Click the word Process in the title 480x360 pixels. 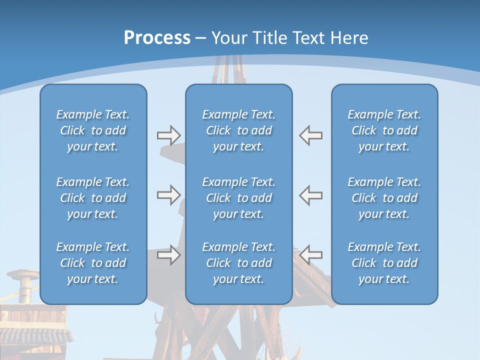click(157, 38)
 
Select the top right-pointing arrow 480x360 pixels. click(168, 135)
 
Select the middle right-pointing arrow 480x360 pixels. click(168, 195)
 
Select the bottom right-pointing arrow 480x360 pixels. click(168, 255)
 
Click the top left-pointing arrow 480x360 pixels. click(310, 135)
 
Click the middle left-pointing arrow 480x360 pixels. click(310, 195)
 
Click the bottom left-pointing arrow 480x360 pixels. click(310, 255)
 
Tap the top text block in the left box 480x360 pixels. click(93, 130)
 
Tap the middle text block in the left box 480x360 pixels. click(93, 198)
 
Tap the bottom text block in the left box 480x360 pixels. click(93, 263)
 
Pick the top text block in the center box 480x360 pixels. click(238, 130)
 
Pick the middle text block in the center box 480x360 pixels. click(238, 198)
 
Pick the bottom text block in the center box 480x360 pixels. click(238, 263)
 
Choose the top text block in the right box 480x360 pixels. click(384, 130)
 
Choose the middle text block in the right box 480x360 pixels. click(384, 198)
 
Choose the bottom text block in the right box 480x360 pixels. click(384, 263)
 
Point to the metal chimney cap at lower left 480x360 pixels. click(23, 274)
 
